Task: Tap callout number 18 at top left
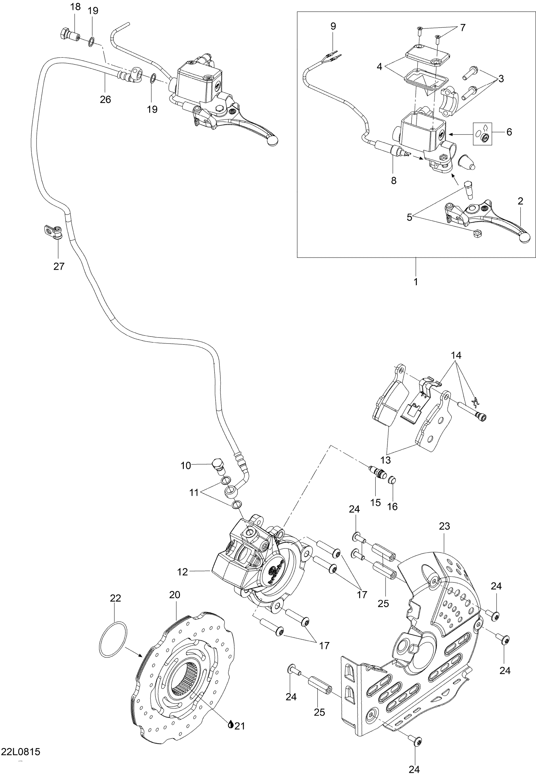[76, 7]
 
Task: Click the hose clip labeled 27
[54, 232]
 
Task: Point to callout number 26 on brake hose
[105, 99]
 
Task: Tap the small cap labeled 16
[391, 480]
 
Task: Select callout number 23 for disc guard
[444, 526]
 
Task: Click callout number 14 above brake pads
[456, 355]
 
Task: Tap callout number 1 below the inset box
[416, 281]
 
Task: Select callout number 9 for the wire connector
[333, 26]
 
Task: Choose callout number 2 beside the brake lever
[520, 201]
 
